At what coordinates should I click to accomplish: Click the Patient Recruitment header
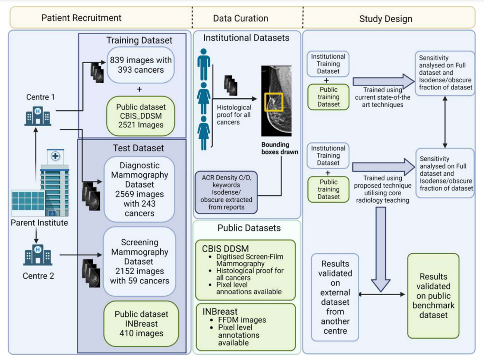coord(81,18)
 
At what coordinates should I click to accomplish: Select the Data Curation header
coord(241,18)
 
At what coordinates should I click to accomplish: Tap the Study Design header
coord(385,19)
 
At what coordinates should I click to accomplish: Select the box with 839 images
coord(139,65)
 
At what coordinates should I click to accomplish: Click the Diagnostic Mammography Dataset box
coord(139,189)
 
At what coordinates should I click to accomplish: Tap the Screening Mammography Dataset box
coord(139,261)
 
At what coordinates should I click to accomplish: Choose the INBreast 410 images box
coord(139,324)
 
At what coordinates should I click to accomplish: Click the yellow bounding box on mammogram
coord(273,102)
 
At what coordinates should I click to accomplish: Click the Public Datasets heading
coord(249,228)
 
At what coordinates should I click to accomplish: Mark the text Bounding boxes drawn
coord(275,148)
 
